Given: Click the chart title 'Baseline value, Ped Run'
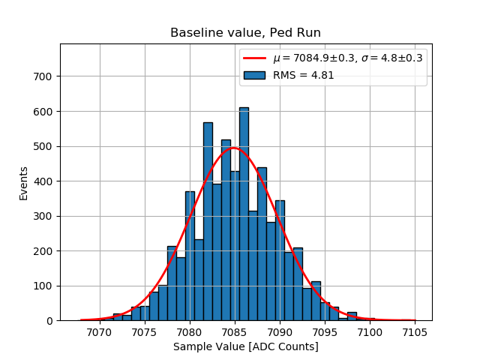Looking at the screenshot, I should (x=245, y=33).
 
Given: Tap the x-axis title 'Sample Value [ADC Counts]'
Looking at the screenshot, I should (x=245, y=346).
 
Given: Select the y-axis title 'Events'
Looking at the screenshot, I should (x=24, y=182).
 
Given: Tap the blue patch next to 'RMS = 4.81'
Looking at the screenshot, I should (x=255, y=74).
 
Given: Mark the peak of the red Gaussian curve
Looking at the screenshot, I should (x=233, y=148).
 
